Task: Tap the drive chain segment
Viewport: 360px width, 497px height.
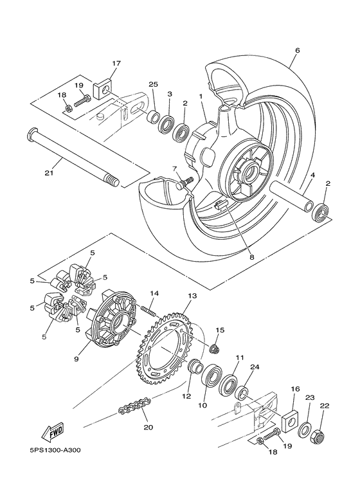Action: [134, 406]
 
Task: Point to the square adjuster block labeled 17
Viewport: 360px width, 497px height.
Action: [102, 89]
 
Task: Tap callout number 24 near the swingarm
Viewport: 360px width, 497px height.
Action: [255, 368]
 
